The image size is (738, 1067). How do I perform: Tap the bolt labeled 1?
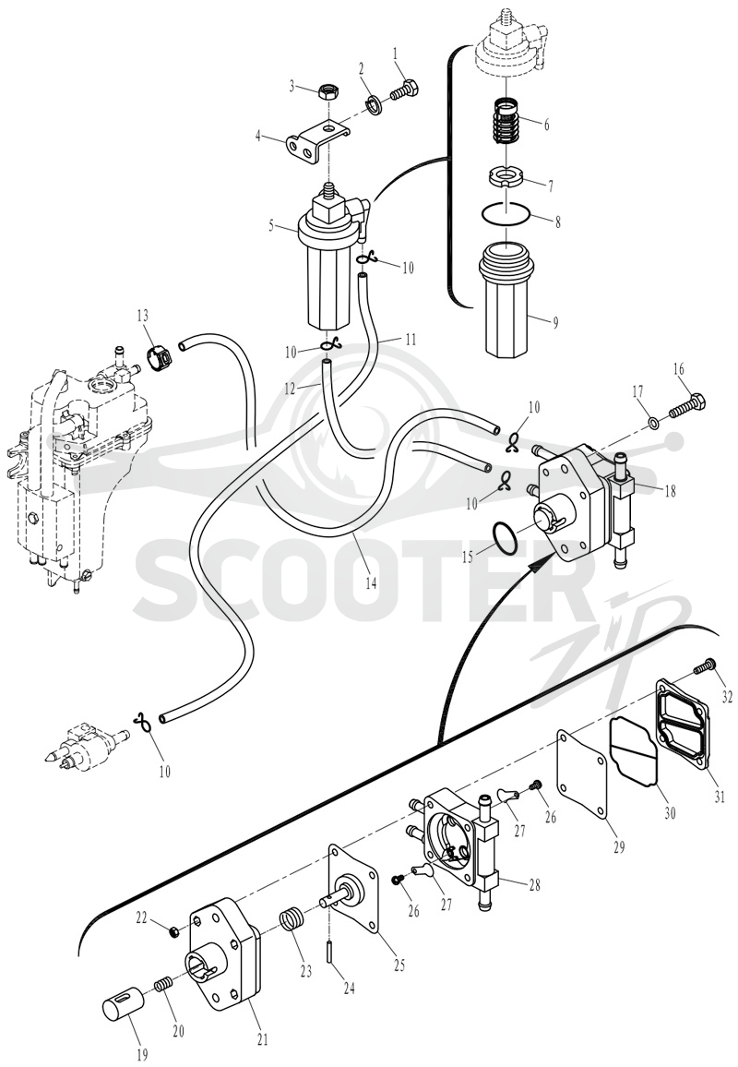(404, 90)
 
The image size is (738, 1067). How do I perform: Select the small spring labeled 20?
(162, 985)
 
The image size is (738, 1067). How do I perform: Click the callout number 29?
(619, 846)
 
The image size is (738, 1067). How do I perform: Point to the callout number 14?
(371, 584)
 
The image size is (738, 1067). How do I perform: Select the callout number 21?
(263, 1040)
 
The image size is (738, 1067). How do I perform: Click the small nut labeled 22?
(173, 931)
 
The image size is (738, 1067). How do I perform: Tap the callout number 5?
(270, 225)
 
